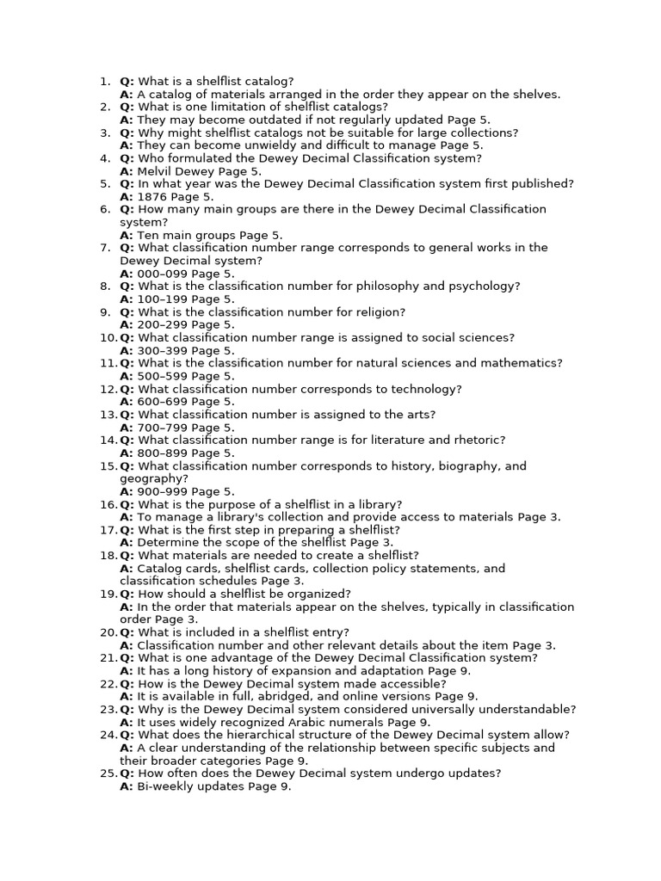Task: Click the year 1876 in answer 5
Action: (x=153, y=197)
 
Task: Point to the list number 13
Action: (x=107, y=415)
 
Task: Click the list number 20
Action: (x=107, y=632)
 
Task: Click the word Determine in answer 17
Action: (x=169, y=543)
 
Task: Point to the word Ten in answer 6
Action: (x=148, y=235)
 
